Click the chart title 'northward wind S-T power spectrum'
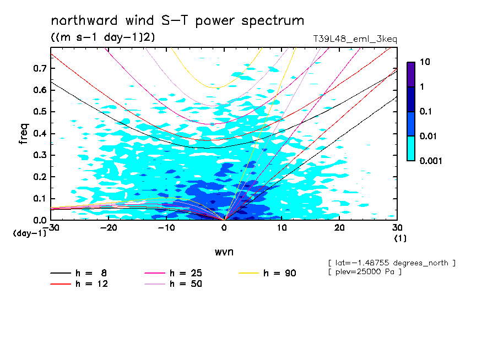point(177,21)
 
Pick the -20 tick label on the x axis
point(109,228)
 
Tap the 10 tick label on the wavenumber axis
point(282,228)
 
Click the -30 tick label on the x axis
point(51,228)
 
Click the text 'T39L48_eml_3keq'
point(354,39)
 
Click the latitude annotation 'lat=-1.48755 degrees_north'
point(391,263)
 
